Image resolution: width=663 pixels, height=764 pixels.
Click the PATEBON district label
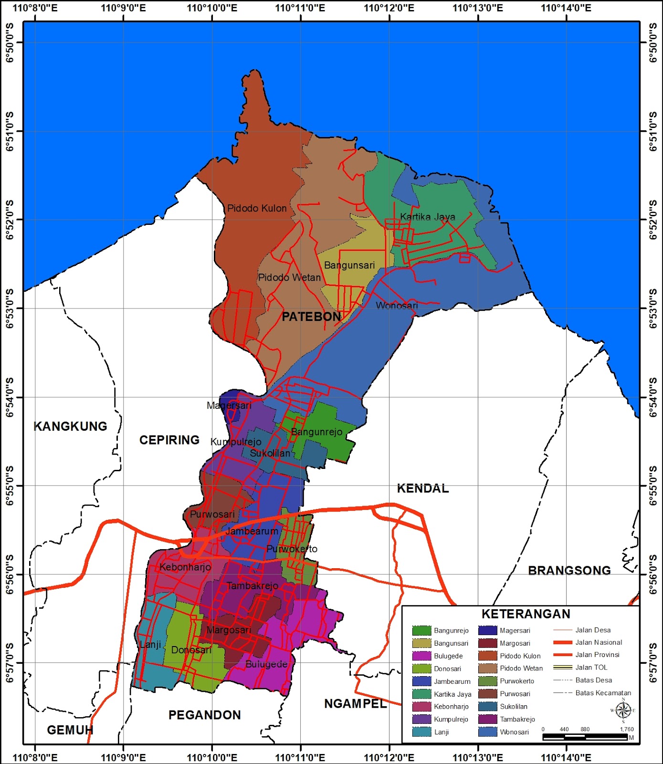tap(311, 317)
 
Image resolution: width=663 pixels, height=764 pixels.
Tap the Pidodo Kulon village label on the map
tap(257, 208)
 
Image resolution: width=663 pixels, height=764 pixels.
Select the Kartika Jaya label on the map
tap(427, 217)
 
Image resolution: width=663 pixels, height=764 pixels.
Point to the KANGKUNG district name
tap(70, 426)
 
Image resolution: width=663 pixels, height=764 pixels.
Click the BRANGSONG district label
tap(569, 571)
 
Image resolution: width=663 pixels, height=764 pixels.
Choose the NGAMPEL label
tap(355, 704)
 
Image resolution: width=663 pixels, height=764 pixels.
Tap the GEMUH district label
tap(70, 730)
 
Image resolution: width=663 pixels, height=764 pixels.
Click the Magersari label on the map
tap(229, 405)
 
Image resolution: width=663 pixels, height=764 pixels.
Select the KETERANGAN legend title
tap(526, 614)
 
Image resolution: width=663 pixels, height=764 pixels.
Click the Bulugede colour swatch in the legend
tap(421, 656)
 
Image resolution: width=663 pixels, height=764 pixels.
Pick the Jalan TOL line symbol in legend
tap(562, 668)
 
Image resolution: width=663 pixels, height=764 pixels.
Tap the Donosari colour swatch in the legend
tap(421, 668)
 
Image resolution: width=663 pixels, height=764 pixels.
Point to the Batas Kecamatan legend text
tap(603, 693)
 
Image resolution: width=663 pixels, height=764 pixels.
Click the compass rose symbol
tap(623, 710)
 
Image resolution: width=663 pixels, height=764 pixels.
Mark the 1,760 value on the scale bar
tap(626, 729)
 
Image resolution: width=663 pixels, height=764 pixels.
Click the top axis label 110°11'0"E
tap(300, 8)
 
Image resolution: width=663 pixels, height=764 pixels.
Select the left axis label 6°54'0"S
tap(10, 397)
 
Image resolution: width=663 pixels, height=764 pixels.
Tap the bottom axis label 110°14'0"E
tap(566, 757)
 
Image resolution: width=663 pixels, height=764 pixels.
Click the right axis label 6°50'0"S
tap(653, 42)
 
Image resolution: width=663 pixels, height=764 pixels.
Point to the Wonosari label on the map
tap(397, 306)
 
